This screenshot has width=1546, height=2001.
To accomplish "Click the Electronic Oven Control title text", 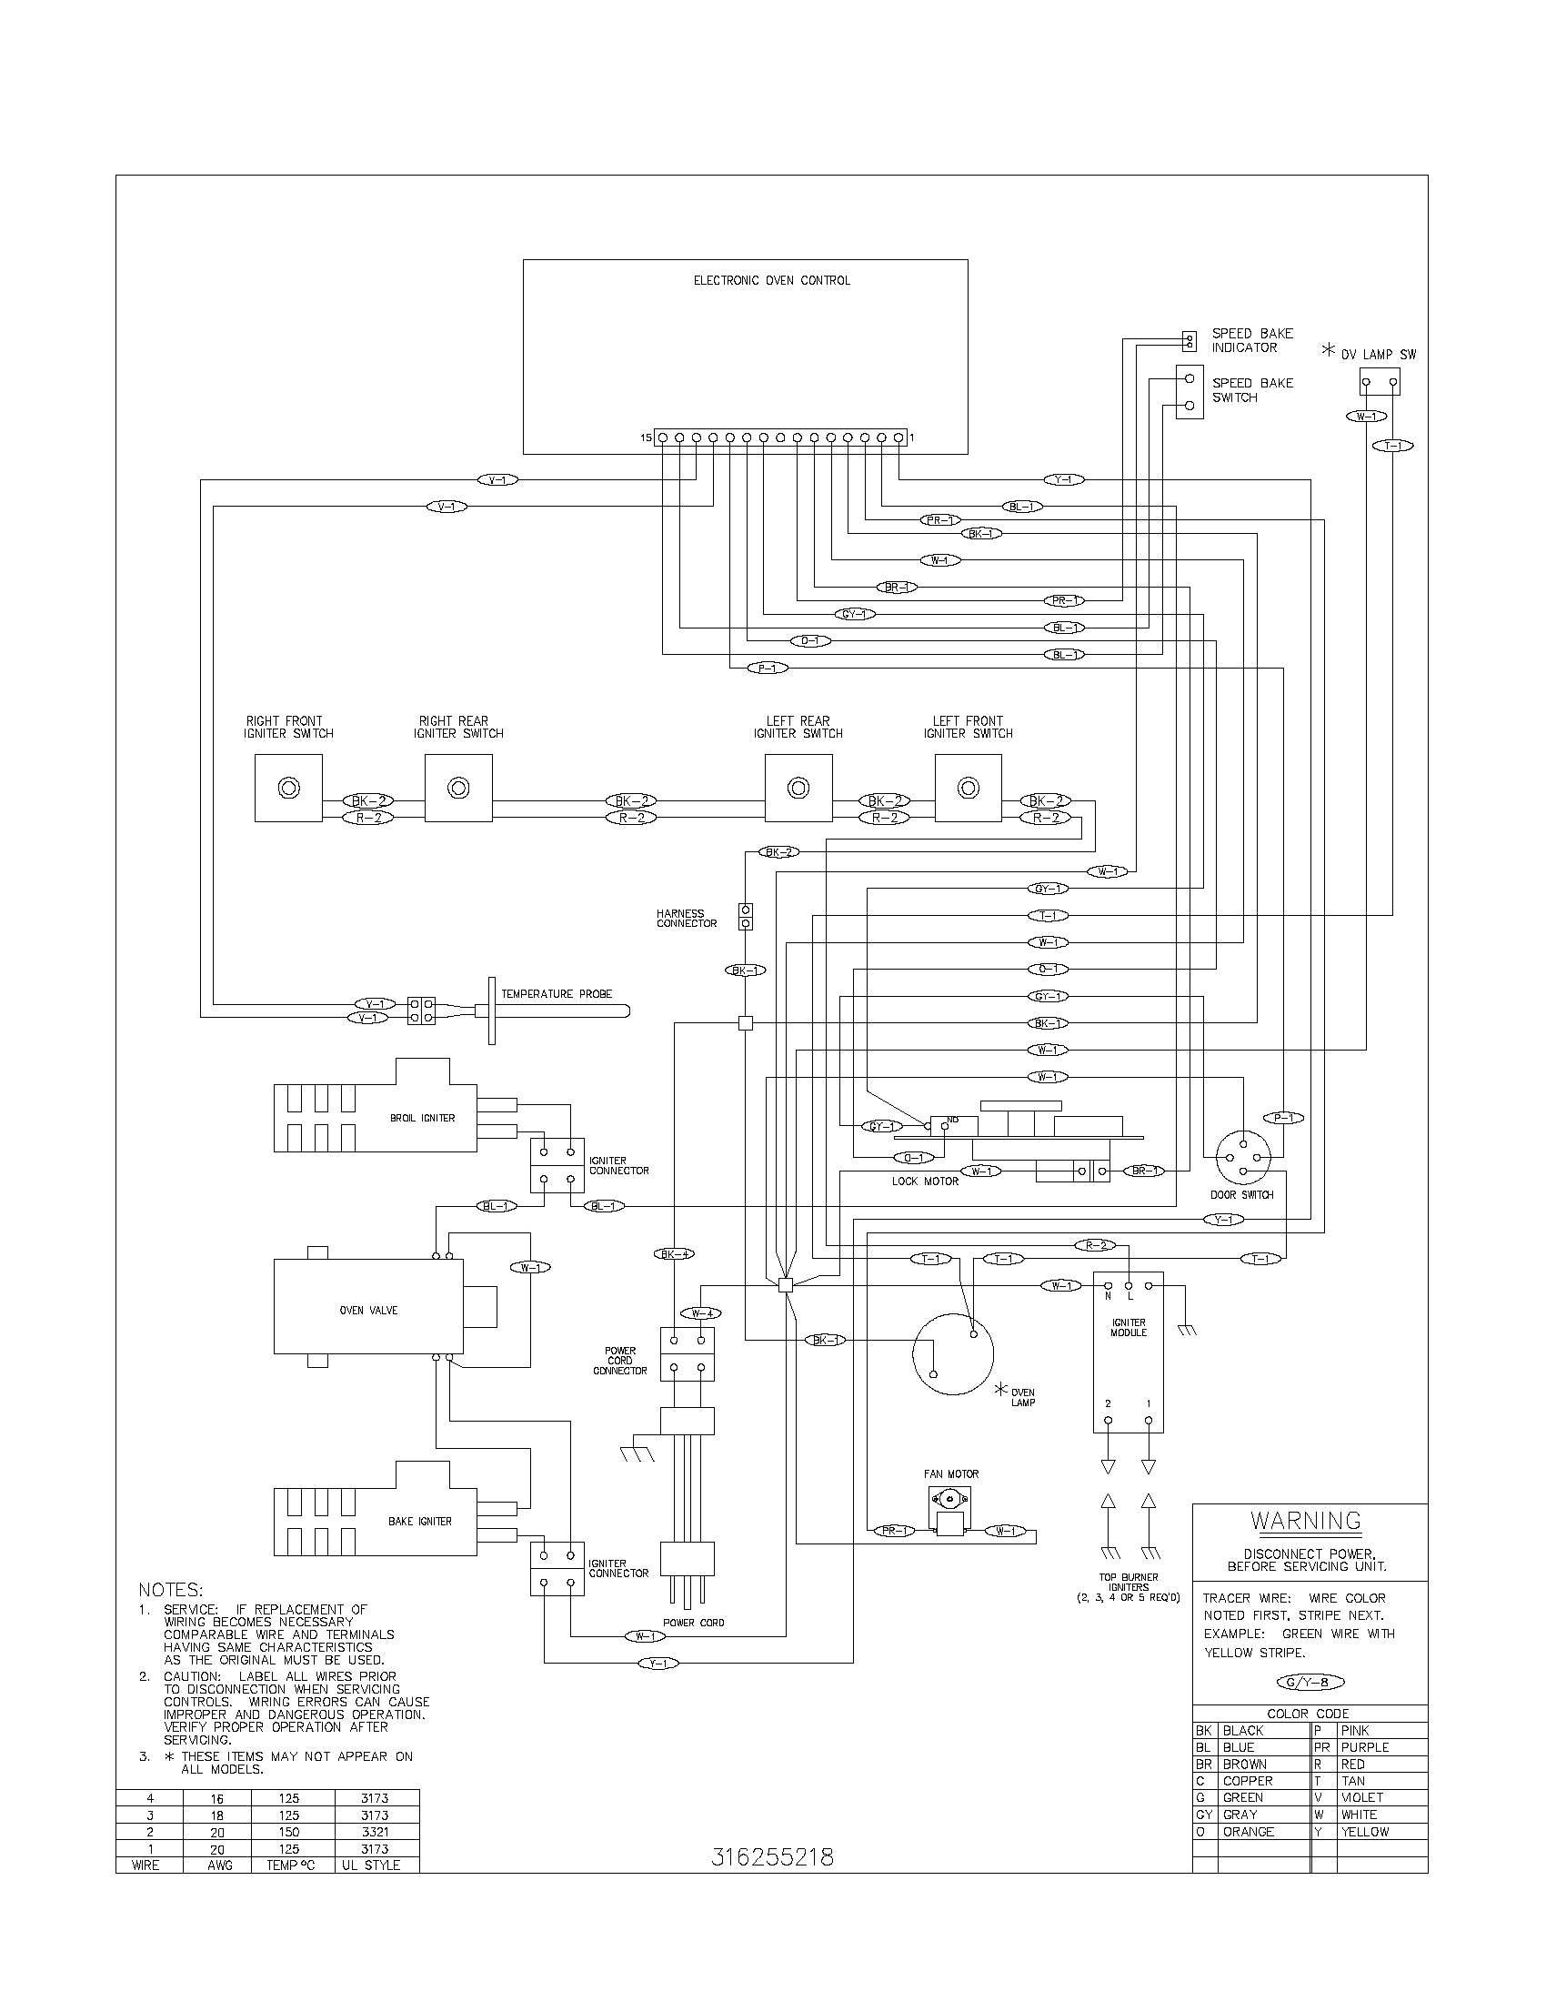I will click(771, 280).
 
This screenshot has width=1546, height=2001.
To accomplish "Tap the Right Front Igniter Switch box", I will click(288, 788).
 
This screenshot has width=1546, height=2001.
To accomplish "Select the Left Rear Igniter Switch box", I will click(798, 788).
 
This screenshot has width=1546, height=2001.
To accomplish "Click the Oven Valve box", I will click(368, 1310).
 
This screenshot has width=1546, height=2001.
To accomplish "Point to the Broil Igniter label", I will click(422, 1118).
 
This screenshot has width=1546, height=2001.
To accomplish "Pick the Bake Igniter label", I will click(419, 1521).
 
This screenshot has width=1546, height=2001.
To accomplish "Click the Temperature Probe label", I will click(556, 993).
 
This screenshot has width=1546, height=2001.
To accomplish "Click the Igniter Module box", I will click(1128, 1352).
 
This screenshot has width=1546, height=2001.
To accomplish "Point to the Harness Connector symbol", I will click(746, 917).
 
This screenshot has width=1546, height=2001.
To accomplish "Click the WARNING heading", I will click(1306, 1521).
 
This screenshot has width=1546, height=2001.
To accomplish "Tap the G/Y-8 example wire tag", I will click(1310, 1682).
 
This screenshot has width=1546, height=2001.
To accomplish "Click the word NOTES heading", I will click(170, 1589).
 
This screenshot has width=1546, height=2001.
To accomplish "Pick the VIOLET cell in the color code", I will click(1362, 1797).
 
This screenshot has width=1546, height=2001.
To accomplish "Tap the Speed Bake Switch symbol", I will click(1189, 392).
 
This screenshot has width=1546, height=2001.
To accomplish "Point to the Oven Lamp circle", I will click(952, 1355).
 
